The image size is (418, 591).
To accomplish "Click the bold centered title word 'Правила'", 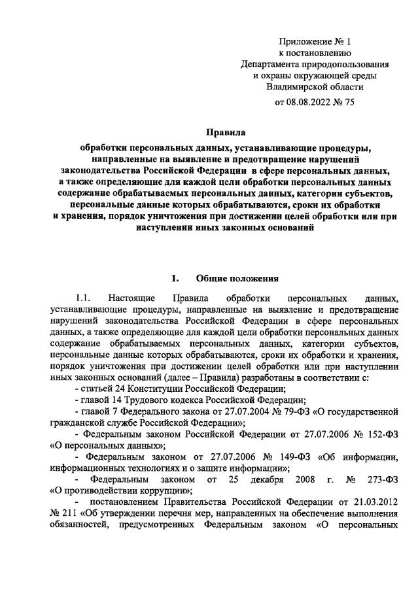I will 225,132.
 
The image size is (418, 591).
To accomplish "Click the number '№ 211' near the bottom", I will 63,521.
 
